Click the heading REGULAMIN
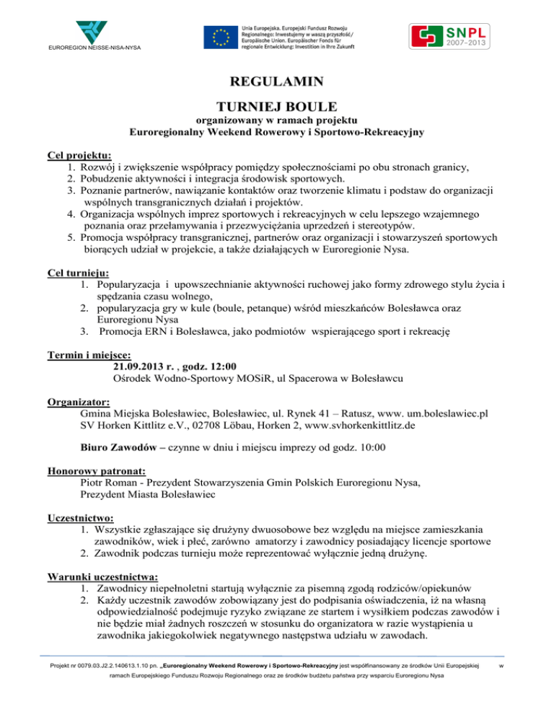point(276,81)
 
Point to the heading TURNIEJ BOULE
point(276,105)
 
